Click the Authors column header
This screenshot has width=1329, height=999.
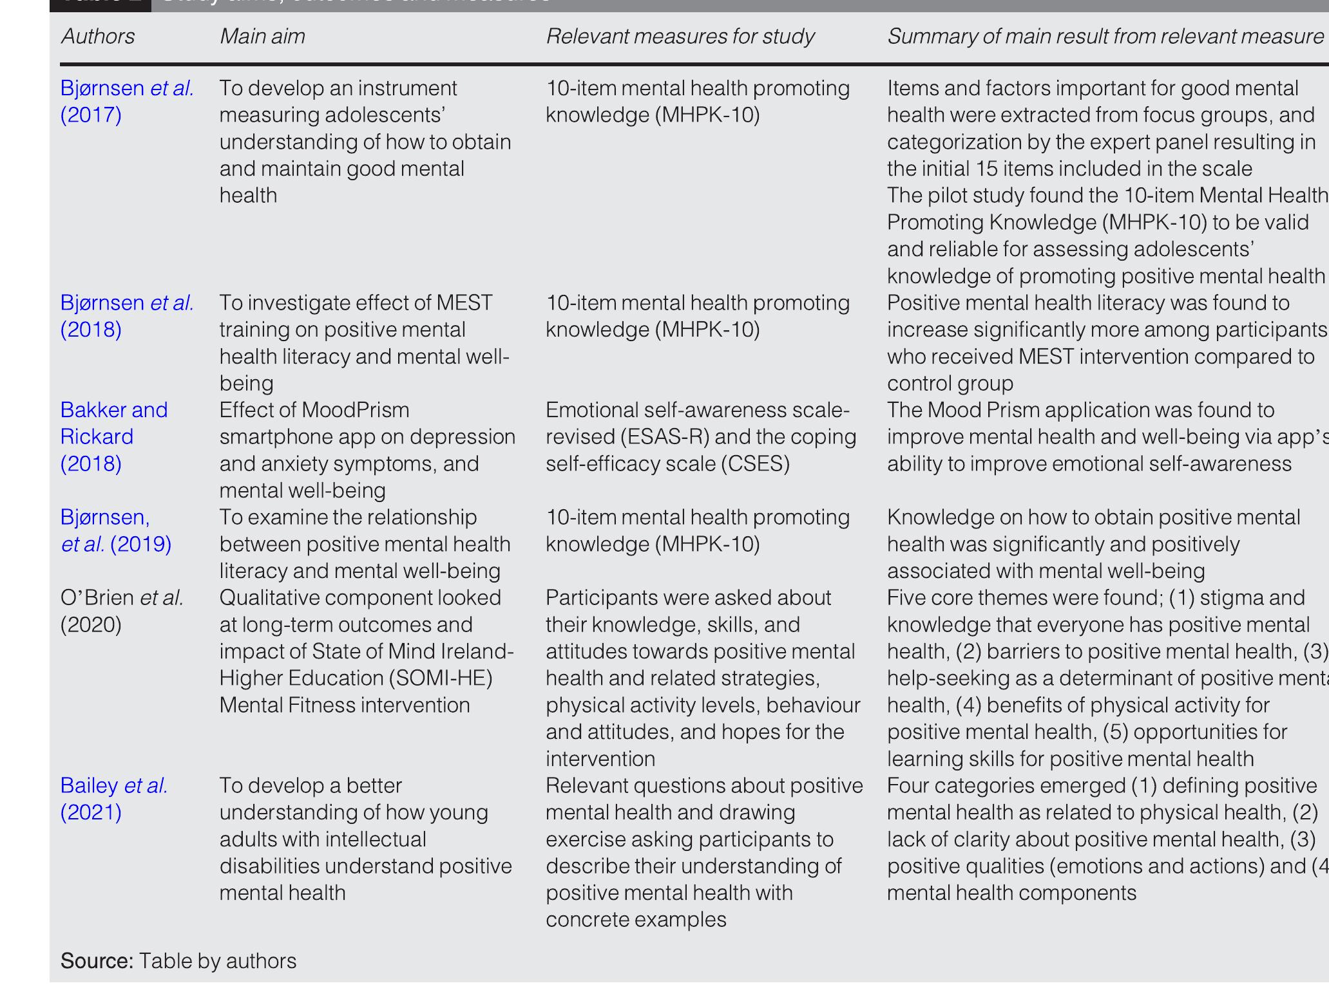pyautogui.click(x=98, y=36)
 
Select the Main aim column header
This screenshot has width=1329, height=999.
pyautogui.click(x=262, y=36)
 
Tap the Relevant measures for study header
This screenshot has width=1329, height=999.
pyautogui.click(x=680, y=36)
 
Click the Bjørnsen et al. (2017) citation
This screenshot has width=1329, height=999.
pyautogui.click(x=126, y=101)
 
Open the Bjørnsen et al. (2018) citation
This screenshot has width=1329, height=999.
pyautogui.click(x=126, y=316)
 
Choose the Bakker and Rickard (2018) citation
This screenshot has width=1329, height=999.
pyautogui.click(x=113, y=436)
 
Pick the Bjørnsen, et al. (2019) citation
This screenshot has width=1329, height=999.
pyautogui.click(x=116, y=530)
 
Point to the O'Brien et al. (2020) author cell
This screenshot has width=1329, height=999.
pyautogui.click(x=121, y=611)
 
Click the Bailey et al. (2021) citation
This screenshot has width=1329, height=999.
pyautogui.click(x=113, y=799)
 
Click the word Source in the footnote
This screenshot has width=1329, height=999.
pyautogui.click(x=97, y=960)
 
